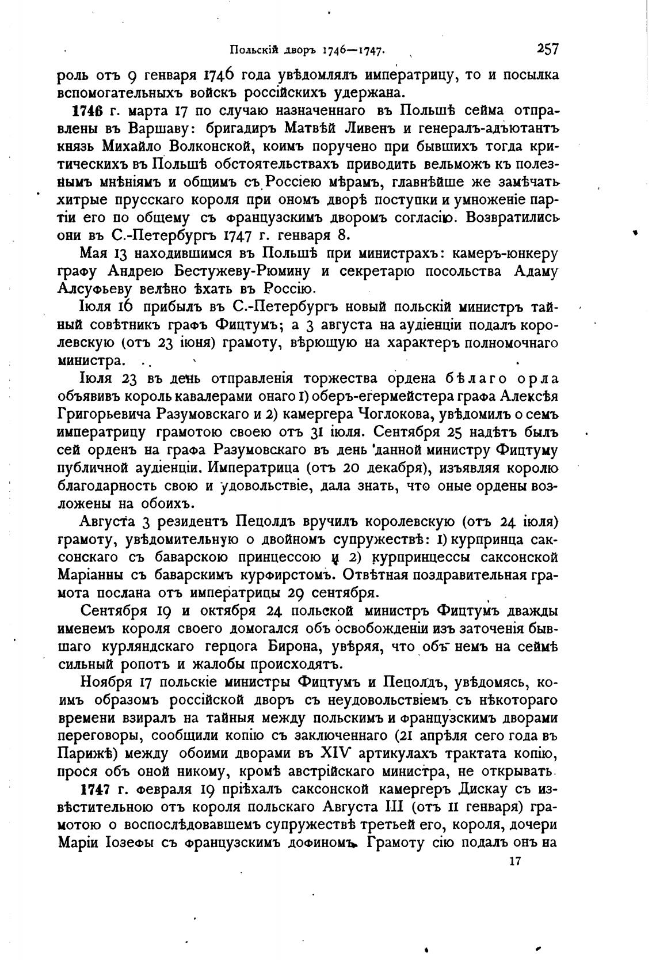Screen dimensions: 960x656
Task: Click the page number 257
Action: tap(547, 49)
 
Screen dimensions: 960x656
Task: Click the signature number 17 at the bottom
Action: tap(515, 862)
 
